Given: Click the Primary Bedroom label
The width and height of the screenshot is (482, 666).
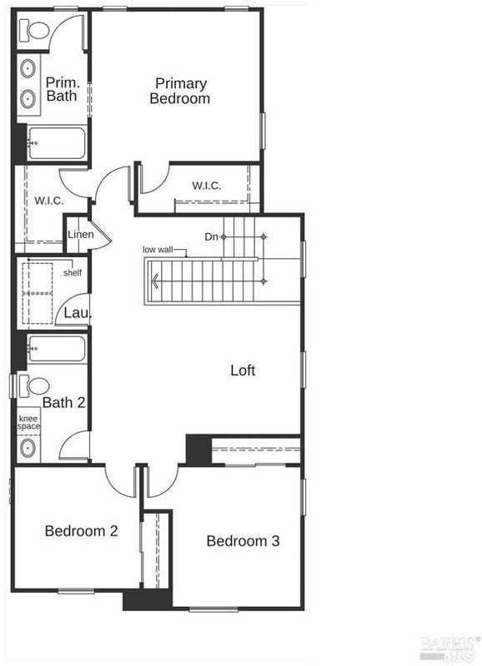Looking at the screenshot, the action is (180, 91).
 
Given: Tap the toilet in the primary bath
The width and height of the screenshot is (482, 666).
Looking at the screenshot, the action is (34, 31).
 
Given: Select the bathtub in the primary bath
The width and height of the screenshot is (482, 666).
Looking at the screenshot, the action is (57, 143).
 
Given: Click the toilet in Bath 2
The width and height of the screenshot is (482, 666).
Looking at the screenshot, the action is (34, 386).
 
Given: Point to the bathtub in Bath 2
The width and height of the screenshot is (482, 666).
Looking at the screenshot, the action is (57, 348).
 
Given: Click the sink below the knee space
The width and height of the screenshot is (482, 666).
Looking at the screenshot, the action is (28, 448).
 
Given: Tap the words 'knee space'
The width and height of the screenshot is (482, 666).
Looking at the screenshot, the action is (28, 423).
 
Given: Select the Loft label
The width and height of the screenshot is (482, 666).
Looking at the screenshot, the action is (243, 370).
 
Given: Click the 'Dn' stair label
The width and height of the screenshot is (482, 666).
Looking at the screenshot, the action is (211, 236).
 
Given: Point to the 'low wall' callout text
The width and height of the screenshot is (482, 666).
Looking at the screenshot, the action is (158, 249).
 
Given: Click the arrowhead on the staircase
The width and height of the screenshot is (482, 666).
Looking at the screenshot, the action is (155, 281).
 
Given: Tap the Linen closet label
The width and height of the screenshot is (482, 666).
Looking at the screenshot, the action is (81, 235).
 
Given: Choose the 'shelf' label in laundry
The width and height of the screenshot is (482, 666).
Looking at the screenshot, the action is (73, 273).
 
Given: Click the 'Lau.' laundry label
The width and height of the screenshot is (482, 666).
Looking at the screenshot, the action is (78, 314).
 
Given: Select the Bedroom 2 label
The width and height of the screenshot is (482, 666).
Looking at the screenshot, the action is (81, 531).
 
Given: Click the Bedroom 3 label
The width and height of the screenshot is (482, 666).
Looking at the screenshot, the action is (243, 541).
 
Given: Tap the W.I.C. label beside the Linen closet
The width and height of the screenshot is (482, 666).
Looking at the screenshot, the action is (49, 201).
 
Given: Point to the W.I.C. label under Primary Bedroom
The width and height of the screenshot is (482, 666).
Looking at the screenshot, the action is (206, 186).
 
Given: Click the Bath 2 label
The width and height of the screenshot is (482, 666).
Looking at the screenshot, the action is (64, 403).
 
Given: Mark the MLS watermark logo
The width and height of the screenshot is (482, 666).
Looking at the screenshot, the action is (448, 649).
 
